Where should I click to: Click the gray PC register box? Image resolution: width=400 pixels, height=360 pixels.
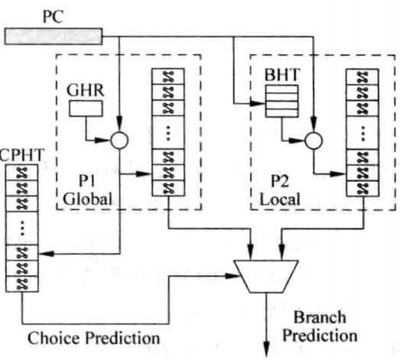54,37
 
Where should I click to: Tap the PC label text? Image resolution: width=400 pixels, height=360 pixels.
53,17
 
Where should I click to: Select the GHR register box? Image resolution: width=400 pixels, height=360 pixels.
86,109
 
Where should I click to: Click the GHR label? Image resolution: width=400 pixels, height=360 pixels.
86,90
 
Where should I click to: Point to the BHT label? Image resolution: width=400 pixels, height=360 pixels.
281,75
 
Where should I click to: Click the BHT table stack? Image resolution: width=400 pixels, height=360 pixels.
282,101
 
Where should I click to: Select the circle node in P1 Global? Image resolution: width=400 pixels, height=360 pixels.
119,141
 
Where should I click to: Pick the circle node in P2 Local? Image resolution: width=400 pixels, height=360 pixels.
314,141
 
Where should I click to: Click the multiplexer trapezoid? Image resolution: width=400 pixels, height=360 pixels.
266,277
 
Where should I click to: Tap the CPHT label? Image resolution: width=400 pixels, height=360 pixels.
22,155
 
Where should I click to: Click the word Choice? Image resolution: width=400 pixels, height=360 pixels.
54,338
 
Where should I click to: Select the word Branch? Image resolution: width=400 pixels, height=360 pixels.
320,317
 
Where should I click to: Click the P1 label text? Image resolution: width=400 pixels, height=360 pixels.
87,180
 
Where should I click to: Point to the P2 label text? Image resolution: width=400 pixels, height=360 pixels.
280,181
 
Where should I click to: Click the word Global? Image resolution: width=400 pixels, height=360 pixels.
87,199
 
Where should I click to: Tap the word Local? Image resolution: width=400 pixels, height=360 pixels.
280,199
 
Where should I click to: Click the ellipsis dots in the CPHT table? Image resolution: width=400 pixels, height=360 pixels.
22,228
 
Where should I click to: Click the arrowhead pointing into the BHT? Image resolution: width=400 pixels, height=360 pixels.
258,103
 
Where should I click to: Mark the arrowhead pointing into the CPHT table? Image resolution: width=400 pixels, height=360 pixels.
46,254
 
